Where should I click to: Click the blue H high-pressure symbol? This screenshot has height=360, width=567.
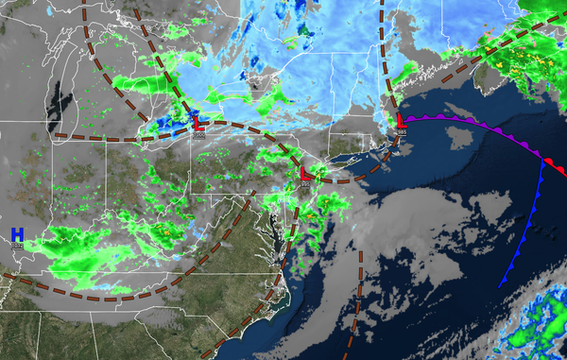pyautogui.click(x=17, y=233)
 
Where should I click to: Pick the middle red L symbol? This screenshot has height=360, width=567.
pyautogui.click(x=304, y=176)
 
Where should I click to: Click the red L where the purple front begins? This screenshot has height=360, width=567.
pyautogui.click(x=402, y=121)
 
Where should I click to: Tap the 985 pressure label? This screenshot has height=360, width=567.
pyautogui.click(x=403, y=133)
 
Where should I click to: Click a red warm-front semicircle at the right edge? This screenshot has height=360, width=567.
pyautogui.click(x=558, y=170)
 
